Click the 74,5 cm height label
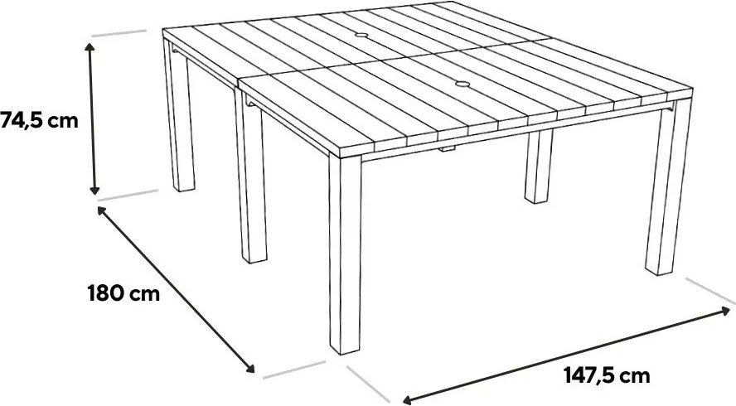coord(39,121)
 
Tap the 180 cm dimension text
coord(123,294)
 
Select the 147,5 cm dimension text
coord(607,375)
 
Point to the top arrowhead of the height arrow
coord(90,46)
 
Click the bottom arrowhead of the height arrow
coord(94,190)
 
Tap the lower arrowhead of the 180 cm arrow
coord(250,369)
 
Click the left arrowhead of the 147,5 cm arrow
coord(408,400)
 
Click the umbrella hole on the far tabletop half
coord(361,35)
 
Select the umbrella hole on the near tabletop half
coord(462,85)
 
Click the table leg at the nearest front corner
coord(345,254)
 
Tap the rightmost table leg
coord(668,188)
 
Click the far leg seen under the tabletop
coord(539,167)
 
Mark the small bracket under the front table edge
coord(448,149)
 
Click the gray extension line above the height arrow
coord(119,33)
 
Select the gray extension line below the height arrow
coord(128,195)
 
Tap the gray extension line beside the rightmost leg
coord(710,291)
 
